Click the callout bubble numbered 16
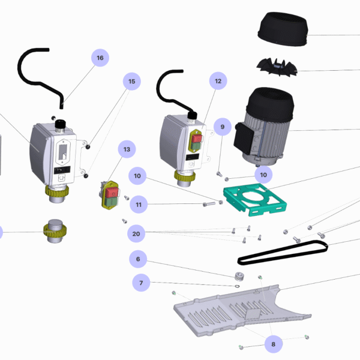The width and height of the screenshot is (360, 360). [x=100, y=58]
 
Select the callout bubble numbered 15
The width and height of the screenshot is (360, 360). [x=132, y=82]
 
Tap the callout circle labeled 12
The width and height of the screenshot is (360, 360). [x=218, y=80]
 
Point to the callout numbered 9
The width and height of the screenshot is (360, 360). [x=222, y=127]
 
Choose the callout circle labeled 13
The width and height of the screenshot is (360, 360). [x=127, y=149]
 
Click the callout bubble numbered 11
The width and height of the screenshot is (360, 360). [x=139, y=205]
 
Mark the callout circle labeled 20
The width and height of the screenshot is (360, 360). [x=136, y=233]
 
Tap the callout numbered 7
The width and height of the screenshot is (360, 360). [x=142, y=282]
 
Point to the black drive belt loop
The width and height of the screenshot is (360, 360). [x=282, y=253]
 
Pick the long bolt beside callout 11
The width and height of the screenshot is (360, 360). [x=209, y=205]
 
